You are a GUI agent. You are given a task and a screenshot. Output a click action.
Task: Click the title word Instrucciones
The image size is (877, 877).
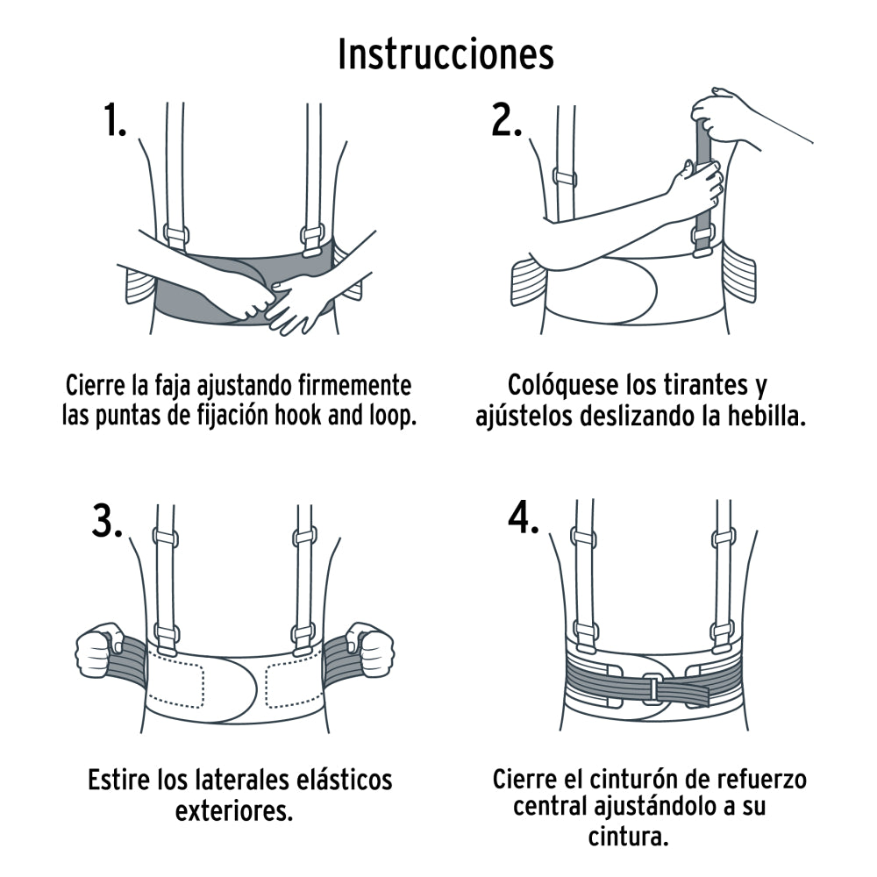coord(446,54)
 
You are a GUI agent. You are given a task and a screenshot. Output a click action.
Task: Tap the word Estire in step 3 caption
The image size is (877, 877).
coord(118,779)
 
